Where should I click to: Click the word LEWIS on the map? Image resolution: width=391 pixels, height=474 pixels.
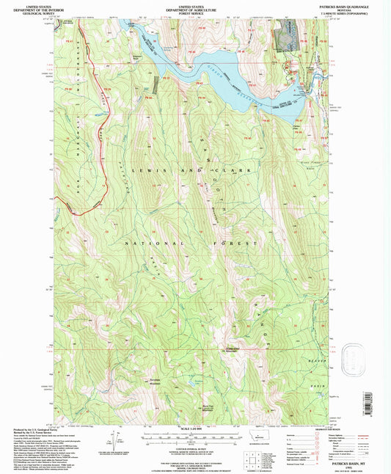(x=146, y=169)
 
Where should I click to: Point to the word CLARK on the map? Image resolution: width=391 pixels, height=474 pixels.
(x=236, y=169)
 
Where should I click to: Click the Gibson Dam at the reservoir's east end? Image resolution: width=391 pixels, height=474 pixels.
(x=307, y=90)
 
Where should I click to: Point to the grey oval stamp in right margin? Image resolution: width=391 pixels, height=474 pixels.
(x=358, y=360)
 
